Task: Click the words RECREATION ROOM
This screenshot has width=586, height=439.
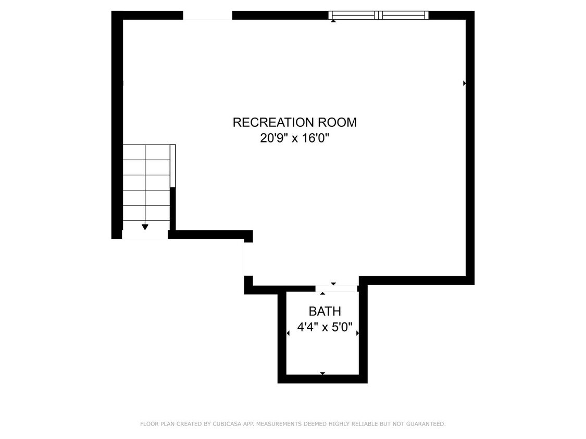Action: click(294, 123)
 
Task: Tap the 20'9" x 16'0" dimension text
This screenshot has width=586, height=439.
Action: click(295, 138)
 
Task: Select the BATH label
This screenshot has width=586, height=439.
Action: click(325, 312)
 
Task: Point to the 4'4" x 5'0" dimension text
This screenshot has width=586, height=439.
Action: click(325, 328)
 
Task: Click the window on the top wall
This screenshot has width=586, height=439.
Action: click(379, 16)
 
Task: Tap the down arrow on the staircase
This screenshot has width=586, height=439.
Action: click(145, 227)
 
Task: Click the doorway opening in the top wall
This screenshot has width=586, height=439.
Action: click(207, 16)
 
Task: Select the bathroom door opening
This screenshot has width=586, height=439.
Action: click(336, 288)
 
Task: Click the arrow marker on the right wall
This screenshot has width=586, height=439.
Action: click(464, 83)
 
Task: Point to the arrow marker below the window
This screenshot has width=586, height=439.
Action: click(333, 21)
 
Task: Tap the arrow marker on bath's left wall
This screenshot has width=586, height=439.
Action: click(288, 333)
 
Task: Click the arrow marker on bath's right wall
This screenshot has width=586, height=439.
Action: click(357, 333)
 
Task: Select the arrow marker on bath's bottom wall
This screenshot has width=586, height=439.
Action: click(322, 373)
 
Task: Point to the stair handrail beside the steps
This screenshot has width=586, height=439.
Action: click(173, 165)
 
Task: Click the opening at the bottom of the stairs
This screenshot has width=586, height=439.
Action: click(145, 235)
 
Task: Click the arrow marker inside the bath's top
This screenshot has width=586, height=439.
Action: click(322, 294)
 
